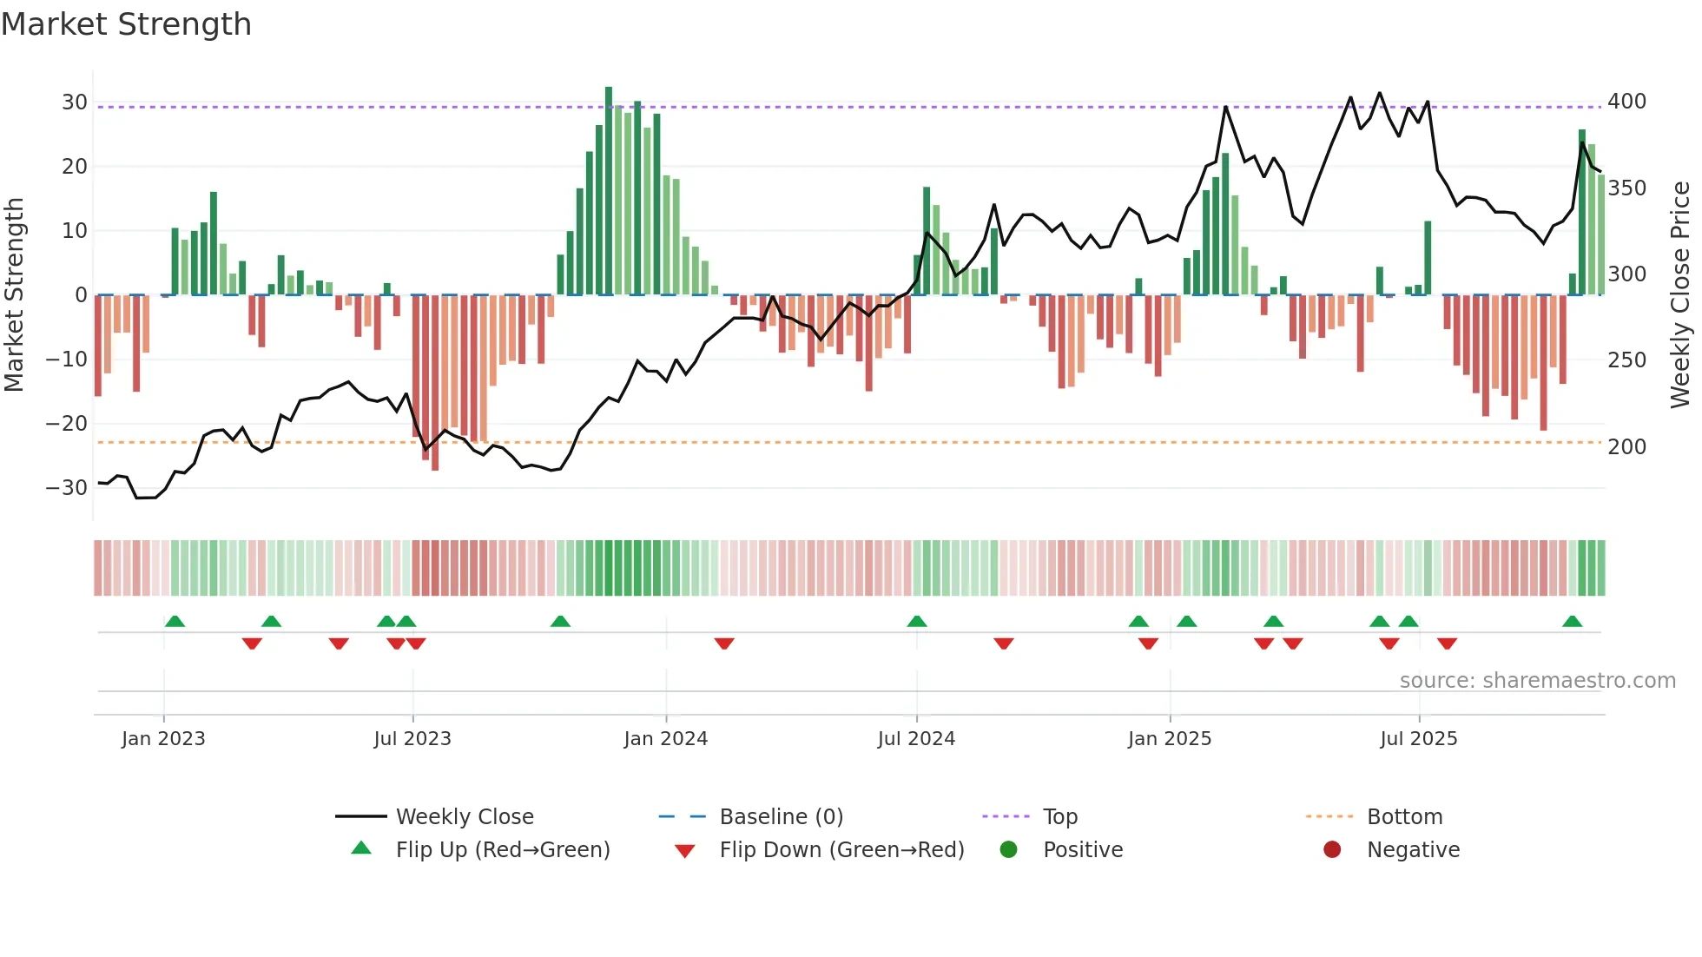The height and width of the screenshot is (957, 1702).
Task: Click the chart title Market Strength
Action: pos(127,24)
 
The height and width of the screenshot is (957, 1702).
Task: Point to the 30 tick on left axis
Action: pos(75,102)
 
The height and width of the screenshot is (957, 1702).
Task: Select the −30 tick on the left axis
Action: pos(68,488)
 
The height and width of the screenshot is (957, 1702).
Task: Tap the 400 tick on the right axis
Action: pos(1626,102)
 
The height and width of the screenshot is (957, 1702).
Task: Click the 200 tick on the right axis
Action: pos(1626,447)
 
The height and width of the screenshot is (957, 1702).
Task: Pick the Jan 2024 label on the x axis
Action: pos(666,739)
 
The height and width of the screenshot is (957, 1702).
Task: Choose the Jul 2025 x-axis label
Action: pos(1419,739)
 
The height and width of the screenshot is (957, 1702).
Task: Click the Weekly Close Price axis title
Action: pos(1680,295)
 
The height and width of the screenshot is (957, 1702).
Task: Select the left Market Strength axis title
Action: pos(15,295)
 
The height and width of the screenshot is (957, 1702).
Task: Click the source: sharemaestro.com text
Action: pos(1537,681)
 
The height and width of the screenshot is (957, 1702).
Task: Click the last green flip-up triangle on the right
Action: pos(1572,622)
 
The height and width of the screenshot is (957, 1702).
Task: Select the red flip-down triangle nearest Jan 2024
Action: pos(724,643)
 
